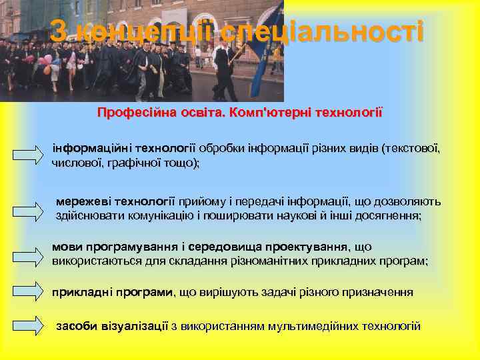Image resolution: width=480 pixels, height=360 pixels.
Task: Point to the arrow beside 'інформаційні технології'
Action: click(28, 155)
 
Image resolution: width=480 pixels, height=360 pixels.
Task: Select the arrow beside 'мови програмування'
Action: click(28, 255)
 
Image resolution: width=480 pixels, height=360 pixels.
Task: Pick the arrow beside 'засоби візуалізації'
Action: click(28, 324)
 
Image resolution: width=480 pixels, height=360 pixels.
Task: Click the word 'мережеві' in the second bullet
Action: click(83, 201)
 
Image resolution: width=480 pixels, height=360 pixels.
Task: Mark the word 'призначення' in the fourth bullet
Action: click(377, 291)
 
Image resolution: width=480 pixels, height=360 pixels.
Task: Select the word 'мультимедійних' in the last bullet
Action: click(309, 325)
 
